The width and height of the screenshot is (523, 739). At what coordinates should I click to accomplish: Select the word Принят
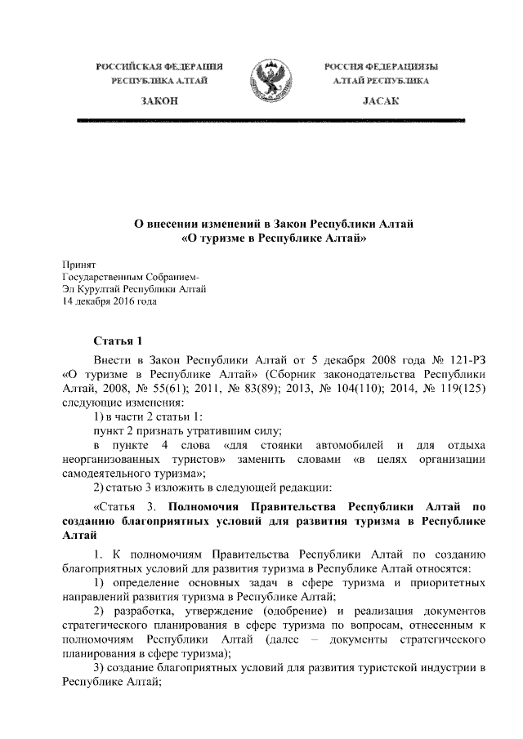[80, 265]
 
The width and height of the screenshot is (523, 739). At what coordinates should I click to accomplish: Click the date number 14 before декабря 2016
[69, 300]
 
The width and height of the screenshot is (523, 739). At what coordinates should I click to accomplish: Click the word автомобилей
[352, 445]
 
